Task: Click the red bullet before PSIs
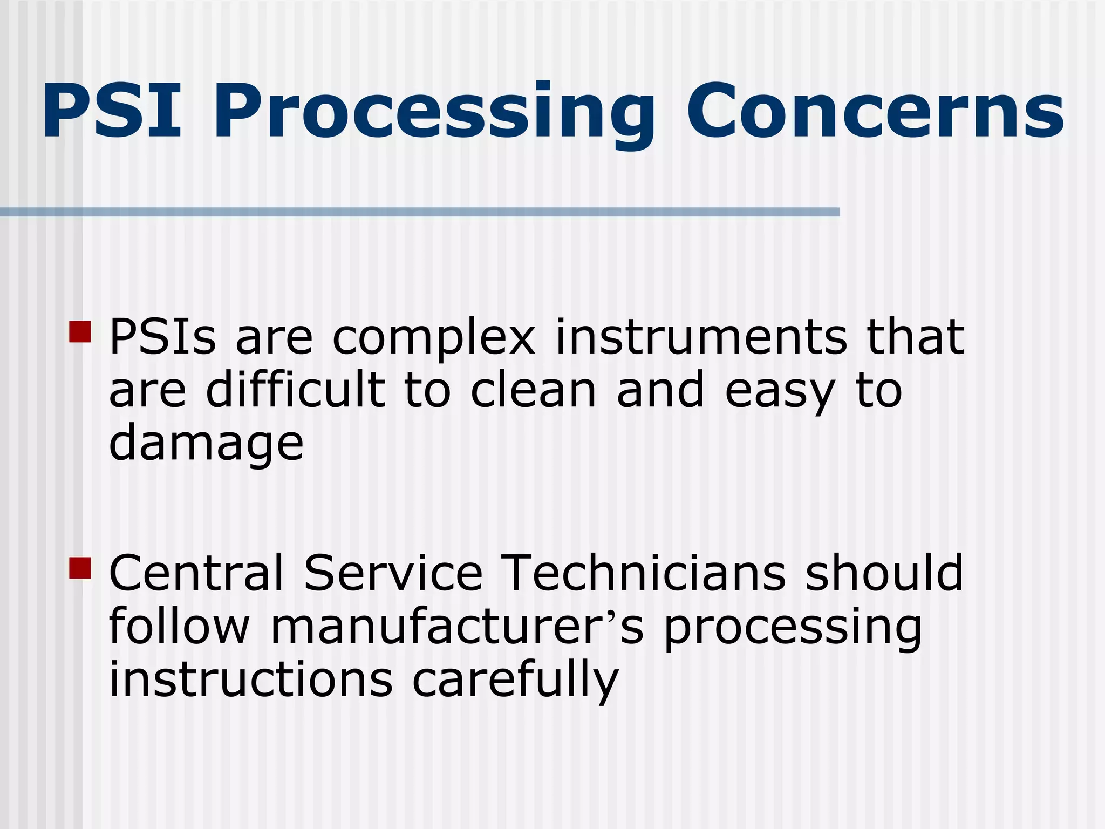pos(80,331)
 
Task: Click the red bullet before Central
pos(80,568)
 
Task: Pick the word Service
pos(393,573)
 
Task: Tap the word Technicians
pos(643,573)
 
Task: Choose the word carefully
pos(515,681)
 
